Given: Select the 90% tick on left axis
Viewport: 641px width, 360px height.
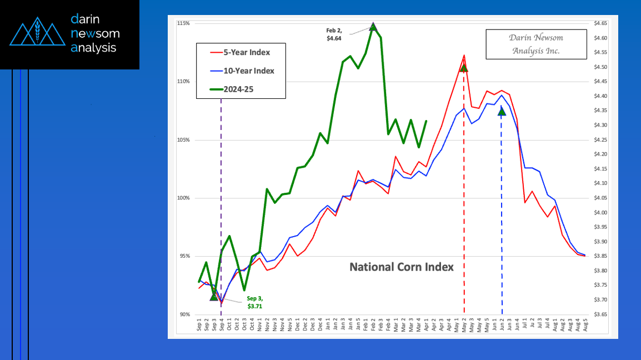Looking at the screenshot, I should (x=185, y=314).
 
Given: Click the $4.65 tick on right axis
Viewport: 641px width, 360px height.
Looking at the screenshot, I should (x=600, y=23).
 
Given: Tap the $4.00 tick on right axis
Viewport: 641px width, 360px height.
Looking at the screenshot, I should (x=600, y=212).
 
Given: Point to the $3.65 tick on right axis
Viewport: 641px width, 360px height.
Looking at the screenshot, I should (x=600, y=314).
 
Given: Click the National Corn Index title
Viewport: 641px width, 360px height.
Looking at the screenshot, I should (x=401, y=267).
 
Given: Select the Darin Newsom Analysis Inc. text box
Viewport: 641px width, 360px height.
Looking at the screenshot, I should (x=536, y=44).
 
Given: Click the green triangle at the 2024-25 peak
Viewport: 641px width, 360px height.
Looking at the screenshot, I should (x=373, y=26).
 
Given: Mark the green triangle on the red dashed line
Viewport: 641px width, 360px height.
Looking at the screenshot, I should (x=464, y=68).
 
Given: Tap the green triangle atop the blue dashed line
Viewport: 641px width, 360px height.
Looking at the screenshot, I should (x=502, y=112).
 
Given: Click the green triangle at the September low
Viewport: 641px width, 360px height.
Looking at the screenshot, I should (x=214, y=297).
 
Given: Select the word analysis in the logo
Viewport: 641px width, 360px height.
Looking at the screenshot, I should (x=93, y=48).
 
